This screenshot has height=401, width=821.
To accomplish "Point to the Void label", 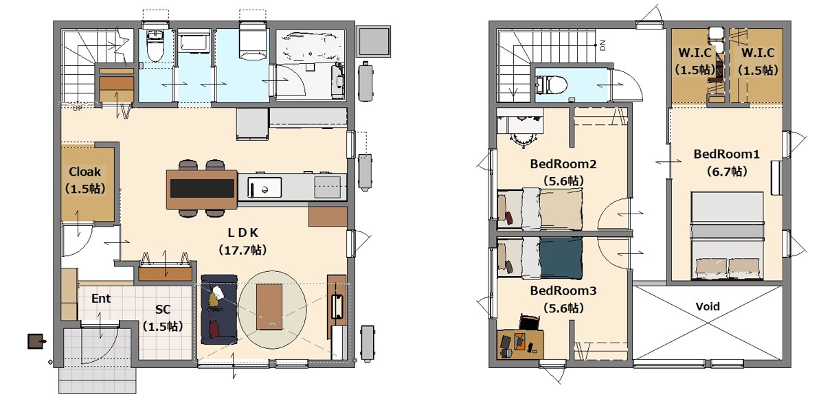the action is point(708,306).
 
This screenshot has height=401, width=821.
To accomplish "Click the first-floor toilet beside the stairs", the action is point(155,45).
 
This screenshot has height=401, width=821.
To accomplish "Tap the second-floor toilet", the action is point(552,83).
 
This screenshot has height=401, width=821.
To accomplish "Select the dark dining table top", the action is point(201,188).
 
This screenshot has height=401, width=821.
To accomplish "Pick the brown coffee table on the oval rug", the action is point(269,307).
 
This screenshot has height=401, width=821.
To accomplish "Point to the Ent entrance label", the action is point(101,299).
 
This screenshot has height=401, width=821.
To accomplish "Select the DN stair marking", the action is point(602,45).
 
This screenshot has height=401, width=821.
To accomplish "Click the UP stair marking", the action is point(78,108).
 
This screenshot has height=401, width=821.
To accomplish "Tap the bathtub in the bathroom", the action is point(310,48).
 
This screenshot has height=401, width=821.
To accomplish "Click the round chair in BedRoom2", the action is point(523,138).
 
